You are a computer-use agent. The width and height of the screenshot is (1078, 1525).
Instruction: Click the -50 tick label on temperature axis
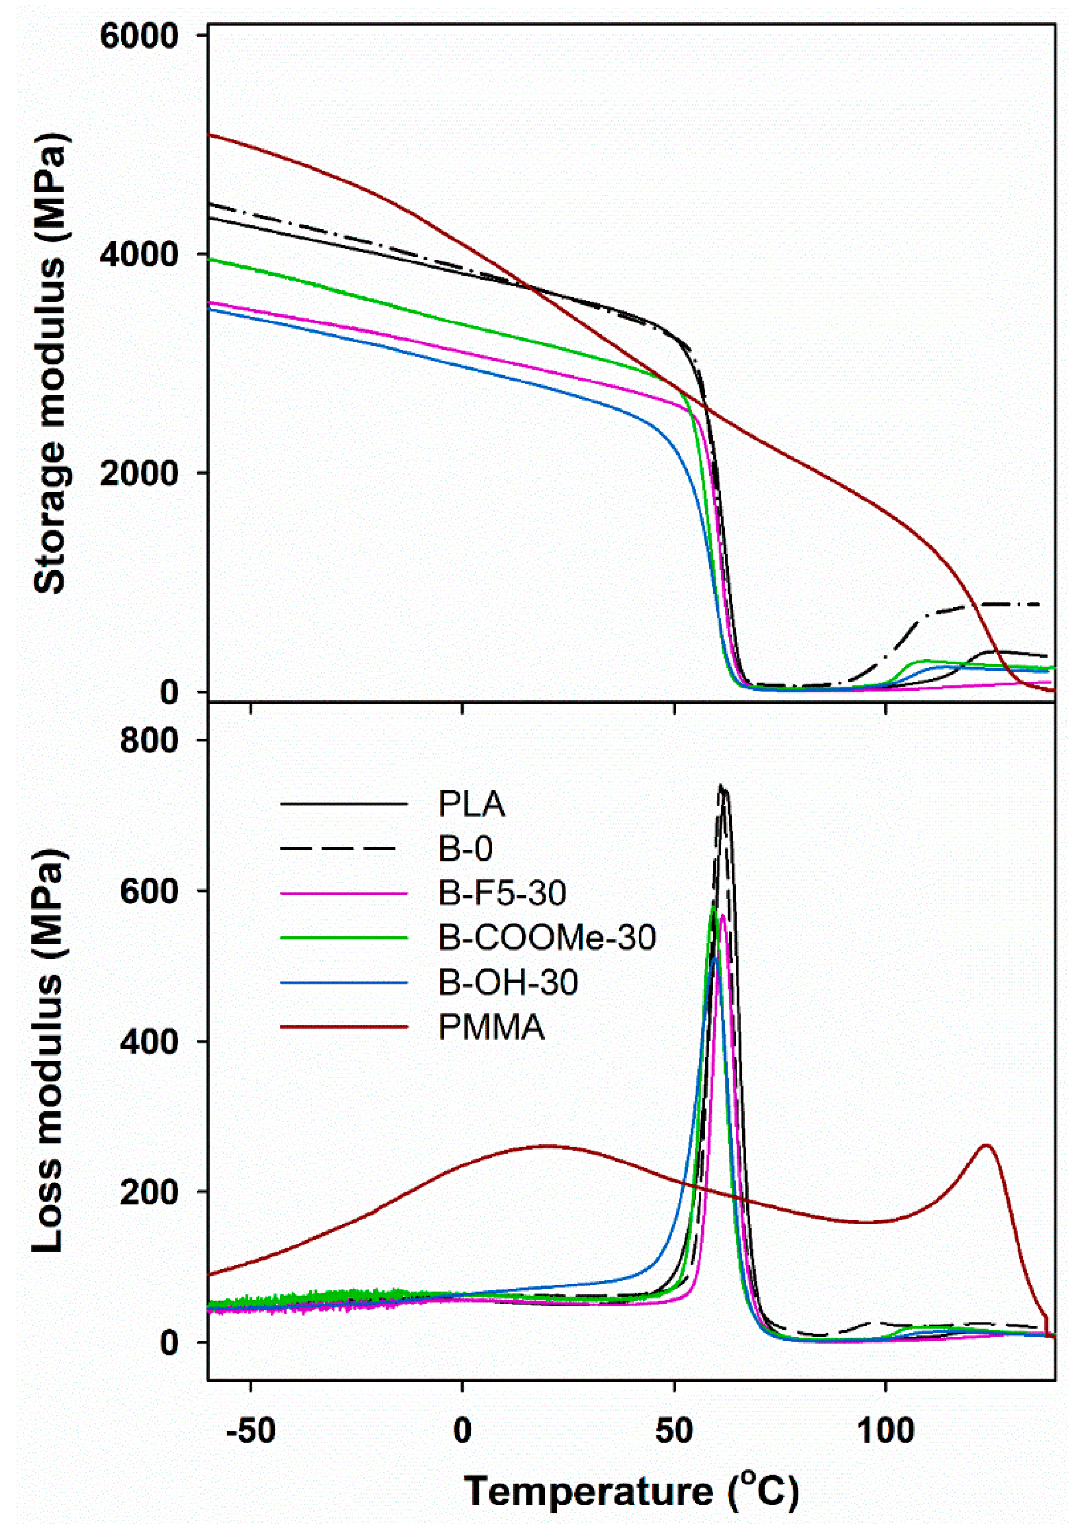point(250,1431)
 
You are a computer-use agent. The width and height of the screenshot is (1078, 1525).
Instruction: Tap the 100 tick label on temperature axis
point(886,1431)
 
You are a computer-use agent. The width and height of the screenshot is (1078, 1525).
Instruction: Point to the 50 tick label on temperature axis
point(674,1431)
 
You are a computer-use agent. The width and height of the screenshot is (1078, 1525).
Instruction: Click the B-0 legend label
point(465,849)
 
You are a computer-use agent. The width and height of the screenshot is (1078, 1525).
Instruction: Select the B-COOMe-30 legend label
point(547,938)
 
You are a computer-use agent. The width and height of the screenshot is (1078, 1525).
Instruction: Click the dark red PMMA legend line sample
point(343,1027)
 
